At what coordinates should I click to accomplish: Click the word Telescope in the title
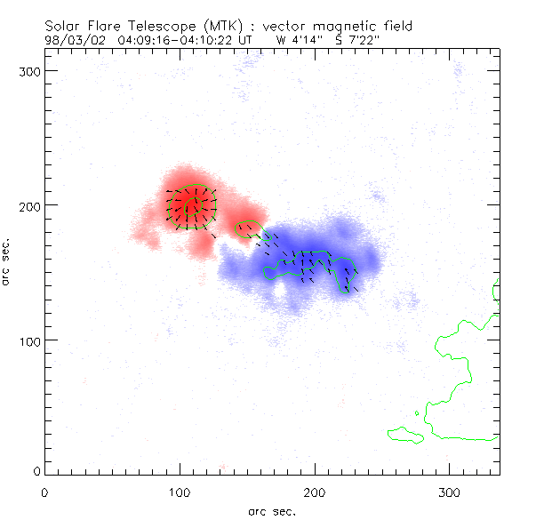click(x=156, y=26)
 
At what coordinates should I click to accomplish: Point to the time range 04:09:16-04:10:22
click(x=176, y=39)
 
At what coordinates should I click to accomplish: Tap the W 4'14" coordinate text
click(x=297, y=39)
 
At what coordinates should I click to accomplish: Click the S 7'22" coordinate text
click(x=358, y=39)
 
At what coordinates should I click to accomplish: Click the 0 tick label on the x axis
click(x=44, y=492)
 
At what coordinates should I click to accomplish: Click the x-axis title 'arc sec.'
click(x=271, y=511)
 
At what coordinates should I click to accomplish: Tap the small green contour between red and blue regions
click(x=247, y=228)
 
